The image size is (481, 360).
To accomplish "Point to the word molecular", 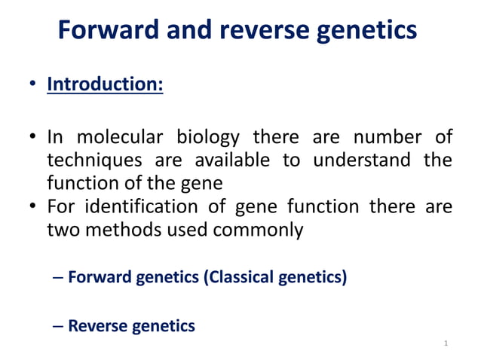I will click(x=118, y=139).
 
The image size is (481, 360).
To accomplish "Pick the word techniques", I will click(x=93, y=160).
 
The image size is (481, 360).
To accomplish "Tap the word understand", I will click(x=360, y=160).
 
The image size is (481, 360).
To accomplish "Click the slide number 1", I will click(x=446, y=344).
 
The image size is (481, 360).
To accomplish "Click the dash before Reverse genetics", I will click(x=60, y=326).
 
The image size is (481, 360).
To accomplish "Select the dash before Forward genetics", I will click(x=60, y=277).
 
